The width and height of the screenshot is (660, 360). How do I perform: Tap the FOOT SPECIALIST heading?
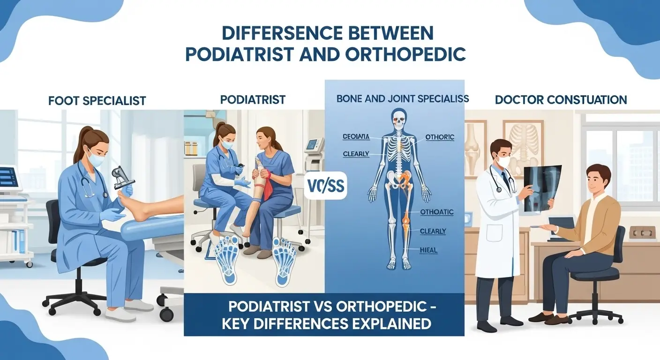point(97,100)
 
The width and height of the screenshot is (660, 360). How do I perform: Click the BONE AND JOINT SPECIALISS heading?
point(402,99)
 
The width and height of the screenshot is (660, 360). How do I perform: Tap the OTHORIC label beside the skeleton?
point(439,137)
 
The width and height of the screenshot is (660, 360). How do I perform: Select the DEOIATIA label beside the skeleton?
point(356,137)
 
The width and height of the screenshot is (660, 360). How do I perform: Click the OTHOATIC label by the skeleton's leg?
point(436,212)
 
